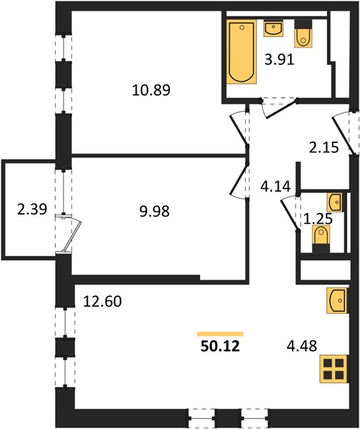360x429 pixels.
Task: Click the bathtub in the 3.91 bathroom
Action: pyautogui.click(x=241, y=51)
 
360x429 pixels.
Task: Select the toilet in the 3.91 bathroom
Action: pyautogui.click(x=303, y=34)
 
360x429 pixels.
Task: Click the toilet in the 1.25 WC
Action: pyautogui.click(x=321, y=239)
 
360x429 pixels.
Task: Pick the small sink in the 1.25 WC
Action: pyautogui.click(x=335, y=202)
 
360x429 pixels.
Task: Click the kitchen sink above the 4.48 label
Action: pyautogui.click(x=338, y=300)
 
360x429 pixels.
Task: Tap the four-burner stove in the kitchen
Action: pyautogui.click(x=334, y=369)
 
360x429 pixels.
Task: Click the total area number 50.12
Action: pyautogui.click(x=220, y=346)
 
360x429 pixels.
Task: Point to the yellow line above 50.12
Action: pyautogui.click(x=220, y=333)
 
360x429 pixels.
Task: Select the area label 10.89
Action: pyautogui.click(x=151, y=90)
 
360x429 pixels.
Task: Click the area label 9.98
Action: pyautogui.click(x=154, y=211)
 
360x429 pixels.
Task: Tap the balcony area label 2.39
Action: pyautogui.click(x=32, y=209)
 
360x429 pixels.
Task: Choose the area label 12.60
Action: pyautogui.click(x=103, y=301)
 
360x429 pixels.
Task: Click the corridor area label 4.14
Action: pyautogui.click(x=275, y=187)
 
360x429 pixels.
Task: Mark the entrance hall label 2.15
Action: pyautogui.click(x=324, y=147)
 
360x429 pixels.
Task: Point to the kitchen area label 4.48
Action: pyautogui.click(x=301, y=345)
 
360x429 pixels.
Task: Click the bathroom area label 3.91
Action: pyautogui.click(x=279, y=59)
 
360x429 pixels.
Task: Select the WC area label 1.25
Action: pyautogui.click(x=318, y=219)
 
